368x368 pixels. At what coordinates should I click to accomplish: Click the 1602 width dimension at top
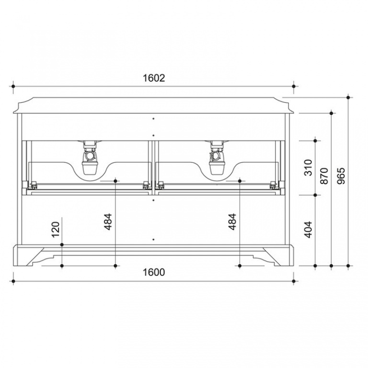point(154,78)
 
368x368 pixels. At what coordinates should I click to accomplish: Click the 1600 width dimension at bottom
point(154,272)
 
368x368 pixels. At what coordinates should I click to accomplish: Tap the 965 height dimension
point(341,176)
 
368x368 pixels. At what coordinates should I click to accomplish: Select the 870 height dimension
point(324,176)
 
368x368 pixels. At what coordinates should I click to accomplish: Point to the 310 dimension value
point(308,168)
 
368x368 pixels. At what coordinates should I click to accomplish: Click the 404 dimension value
point(308,230)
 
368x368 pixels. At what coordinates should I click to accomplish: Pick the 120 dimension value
point(56,230)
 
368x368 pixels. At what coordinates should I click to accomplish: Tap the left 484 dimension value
point(108,222)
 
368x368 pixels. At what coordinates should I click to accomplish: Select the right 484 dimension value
point(232,222)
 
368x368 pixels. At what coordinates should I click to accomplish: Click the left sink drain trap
point(90,158)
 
